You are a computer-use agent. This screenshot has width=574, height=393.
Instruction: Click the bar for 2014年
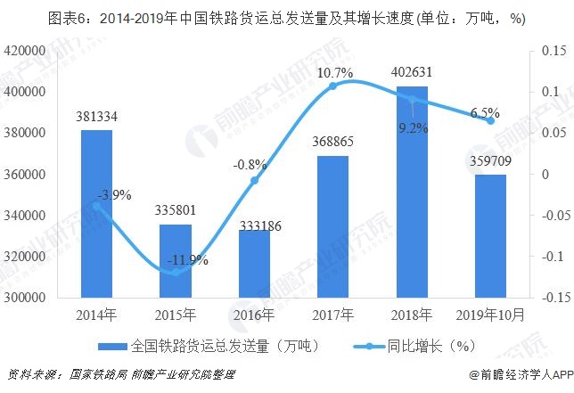(97, 213)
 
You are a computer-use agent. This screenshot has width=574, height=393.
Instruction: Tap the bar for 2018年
(412, 192)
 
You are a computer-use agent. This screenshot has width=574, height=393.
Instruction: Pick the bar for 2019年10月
(490, 235)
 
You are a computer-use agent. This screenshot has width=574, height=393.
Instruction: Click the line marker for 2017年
(333, 86)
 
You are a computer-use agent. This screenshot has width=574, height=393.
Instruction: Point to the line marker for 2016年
(254, 180)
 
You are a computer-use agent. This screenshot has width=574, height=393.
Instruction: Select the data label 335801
(176, 212)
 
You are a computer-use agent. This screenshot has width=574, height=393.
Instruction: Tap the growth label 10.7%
(333, 71)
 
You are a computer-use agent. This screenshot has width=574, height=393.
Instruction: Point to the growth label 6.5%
(484, 113)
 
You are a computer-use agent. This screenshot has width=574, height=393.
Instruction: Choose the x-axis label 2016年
(254, 315)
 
